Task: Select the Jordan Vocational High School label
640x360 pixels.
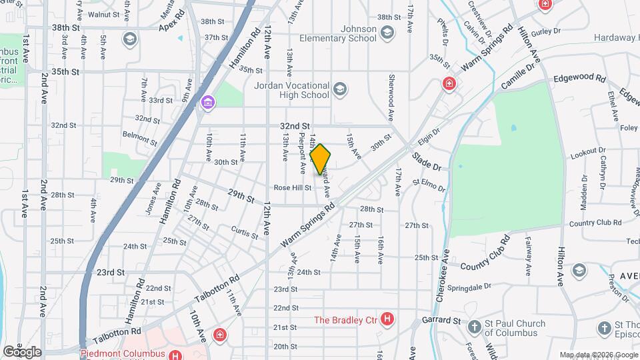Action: click(292, 90)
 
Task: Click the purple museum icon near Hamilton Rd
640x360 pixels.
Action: click(208, 102)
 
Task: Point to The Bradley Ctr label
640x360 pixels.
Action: click(346, 320)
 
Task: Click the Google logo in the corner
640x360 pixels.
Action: click(21, 351)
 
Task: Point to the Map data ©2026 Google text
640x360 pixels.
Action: click(598, 355)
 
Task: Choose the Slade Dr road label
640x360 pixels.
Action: click(426, 161)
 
